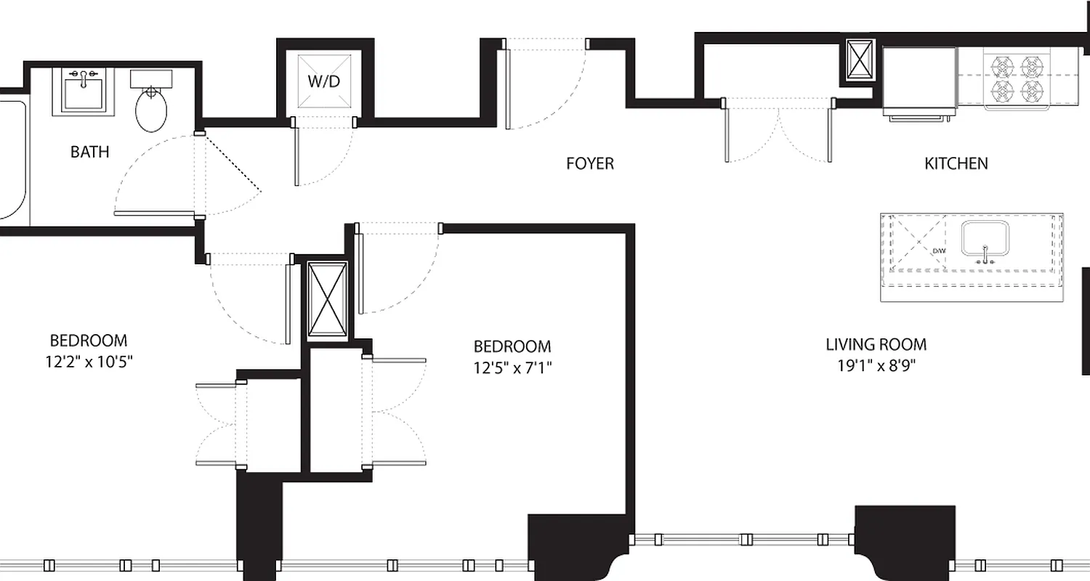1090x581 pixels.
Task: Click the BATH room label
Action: click(x=90, y=152)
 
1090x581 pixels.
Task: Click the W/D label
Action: click(x=324, y=81)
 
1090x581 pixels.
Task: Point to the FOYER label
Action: click(x=590, y=163)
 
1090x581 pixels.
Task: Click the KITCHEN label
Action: click(x=956, y=163)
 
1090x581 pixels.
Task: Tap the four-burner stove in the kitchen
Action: click(x=1017, y=78)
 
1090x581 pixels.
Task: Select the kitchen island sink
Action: click(x=985, y=239)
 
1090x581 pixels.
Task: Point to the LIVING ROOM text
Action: click(x=876, y=345)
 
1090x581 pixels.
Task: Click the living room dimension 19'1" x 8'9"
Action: click(x=876, y=365)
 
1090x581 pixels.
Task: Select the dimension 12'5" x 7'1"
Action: click(x=512, y=367)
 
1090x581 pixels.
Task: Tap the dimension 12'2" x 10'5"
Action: click(x=89, y=361)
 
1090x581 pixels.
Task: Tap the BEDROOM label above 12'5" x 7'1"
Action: click(x=512, y=346)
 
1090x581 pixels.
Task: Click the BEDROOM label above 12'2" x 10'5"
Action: click(x=89, y=340)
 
